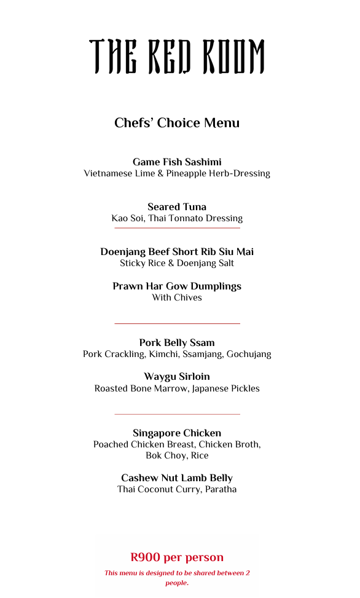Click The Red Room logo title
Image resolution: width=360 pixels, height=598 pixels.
[x=177, y=57]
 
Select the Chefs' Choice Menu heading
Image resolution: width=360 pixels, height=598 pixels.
[x=177, y=123]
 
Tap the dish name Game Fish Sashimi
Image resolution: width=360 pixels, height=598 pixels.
[x=177, y=162]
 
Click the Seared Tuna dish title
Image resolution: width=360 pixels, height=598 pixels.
[x=177, y=207]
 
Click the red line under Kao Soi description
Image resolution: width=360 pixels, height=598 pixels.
[x=177, y=228]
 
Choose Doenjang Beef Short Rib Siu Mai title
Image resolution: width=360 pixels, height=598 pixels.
[x=177, y=252]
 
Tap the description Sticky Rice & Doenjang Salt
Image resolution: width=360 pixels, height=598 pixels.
[x=177, y=263]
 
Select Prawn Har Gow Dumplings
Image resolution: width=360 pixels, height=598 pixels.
[x=177, y=286]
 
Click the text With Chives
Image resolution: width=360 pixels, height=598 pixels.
[x=177, y=297]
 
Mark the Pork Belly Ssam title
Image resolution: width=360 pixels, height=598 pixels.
[x=177, y=343]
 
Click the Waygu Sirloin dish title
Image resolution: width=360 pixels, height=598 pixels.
[x=177, y=377]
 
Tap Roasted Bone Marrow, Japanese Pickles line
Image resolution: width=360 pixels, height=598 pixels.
[x=177, y=388]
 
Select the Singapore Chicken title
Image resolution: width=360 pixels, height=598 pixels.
[x=177, y=433]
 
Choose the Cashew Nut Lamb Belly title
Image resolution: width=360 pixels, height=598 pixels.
[x=177, y=478]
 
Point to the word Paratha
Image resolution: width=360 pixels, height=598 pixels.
[x=221, y=489]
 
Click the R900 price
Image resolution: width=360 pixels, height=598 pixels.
[x=145, y=557]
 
